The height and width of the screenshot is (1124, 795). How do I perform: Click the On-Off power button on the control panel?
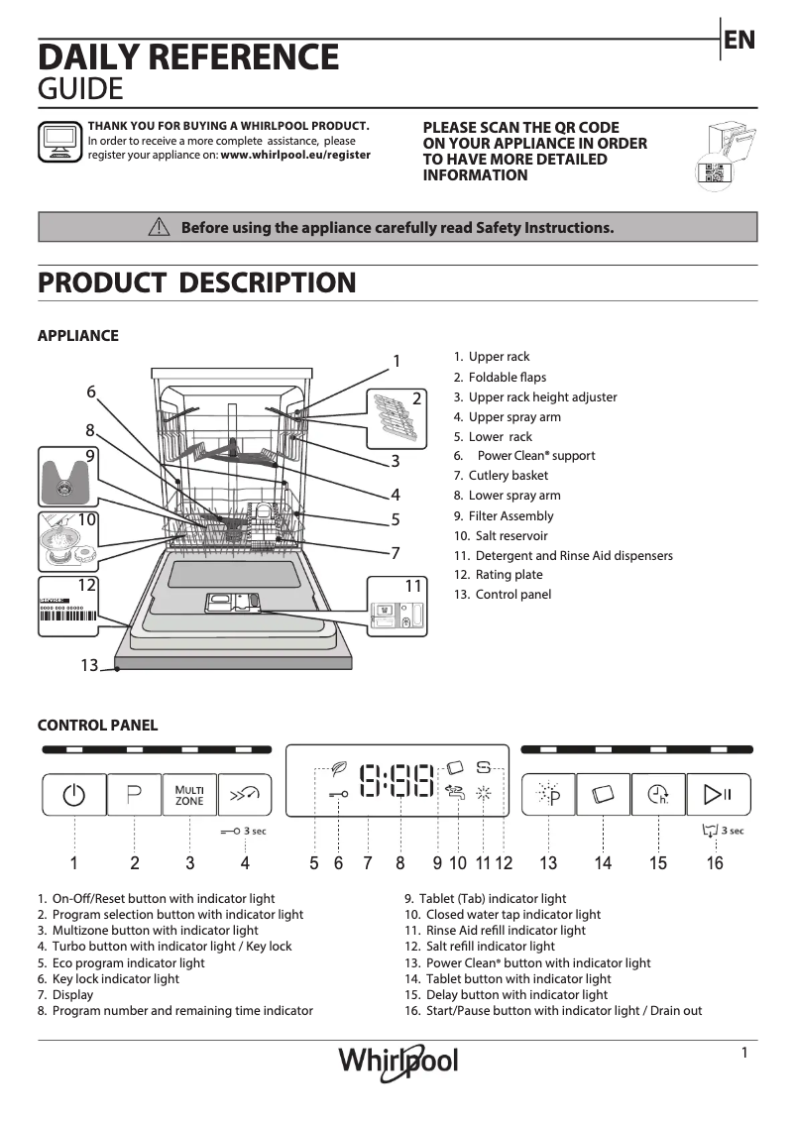pos(73,794)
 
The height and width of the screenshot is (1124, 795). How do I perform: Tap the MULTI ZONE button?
pos(189,794)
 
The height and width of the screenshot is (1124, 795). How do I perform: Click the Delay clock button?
pos(658,794)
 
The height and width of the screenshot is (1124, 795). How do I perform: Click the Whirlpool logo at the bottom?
pos(398,1060)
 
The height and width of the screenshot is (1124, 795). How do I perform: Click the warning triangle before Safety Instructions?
pos(159,227)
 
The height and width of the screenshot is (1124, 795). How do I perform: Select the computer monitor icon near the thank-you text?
pos(59,141)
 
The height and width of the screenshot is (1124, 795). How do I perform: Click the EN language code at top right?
pos(739,40)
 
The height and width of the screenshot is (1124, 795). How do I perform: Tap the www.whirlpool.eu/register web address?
pos(295,155)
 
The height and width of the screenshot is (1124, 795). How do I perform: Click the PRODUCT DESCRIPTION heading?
pos(196,282)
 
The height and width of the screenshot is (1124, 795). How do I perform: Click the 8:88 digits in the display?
pos(397,781)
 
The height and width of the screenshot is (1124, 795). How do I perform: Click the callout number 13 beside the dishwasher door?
pos(90,666)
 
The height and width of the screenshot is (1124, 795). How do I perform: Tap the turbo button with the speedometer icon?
pos(246,794)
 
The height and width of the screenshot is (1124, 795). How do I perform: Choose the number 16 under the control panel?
pos(715,863)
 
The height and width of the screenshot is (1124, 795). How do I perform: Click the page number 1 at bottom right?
pos(743,1054)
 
